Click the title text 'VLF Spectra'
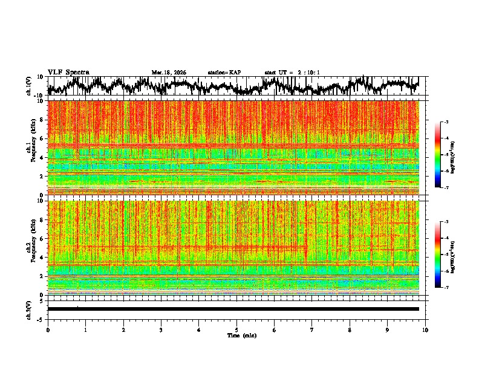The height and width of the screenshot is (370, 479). [x=68, y=72]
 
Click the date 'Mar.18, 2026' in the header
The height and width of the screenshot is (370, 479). [x=169, y=73]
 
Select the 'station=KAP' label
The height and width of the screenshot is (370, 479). [x=224, y=73]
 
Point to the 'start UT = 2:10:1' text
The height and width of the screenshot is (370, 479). [x=292, y=73]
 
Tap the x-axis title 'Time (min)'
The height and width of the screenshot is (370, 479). [x=241, y=335]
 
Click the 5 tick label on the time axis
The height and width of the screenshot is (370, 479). [x=236, y=329]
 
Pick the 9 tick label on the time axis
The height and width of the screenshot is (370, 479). [x=388, y=329]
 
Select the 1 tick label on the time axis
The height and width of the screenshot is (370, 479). [x=85, y=329]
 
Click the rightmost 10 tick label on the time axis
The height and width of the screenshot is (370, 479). [x=425, y=329]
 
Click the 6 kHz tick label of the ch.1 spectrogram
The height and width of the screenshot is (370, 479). [x=42, y=138]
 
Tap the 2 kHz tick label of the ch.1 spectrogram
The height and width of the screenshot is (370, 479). [x=42, y=176]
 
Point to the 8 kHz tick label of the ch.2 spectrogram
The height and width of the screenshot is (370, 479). [x=42, y=219]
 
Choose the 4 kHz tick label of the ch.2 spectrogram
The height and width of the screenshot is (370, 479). [x=42, y=257]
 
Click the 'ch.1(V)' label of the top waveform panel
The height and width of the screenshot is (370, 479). [x=28, y=86]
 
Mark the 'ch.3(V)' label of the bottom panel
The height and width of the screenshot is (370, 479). [x=28, y=309]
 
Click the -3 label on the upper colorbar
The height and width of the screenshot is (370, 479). [x=446, y=123]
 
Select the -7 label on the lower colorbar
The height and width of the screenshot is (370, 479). [x=446, y=288]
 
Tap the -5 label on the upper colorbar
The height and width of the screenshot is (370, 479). [x=446, y=155]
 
